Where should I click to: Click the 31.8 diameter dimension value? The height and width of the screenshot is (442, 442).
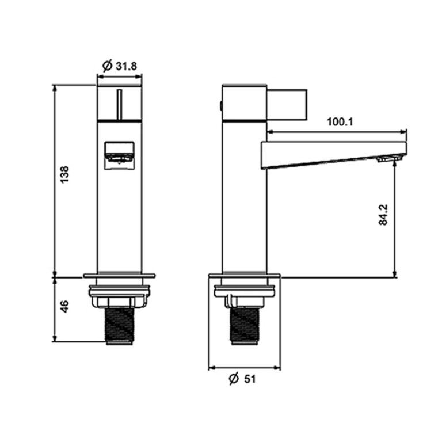point(126,66)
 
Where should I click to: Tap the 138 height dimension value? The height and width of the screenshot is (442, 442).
point(65,175)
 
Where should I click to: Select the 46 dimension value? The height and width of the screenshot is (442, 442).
point(65,306)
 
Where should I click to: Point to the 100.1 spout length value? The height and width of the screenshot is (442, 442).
point(340,122)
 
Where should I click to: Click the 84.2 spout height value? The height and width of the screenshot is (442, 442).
point(383,215)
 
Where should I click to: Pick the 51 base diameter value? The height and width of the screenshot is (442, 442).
point(250,379)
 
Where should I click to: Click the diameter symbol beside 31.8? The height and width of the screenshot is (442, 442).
point(108,66)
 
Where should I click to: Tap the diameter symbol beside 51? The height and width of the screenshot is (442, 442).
point(234,378)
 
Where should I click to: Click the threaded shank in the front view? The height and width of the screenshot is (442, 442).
point(120,326)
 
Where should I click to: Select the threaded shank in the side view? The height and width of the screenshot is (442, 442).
point(245,326)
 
